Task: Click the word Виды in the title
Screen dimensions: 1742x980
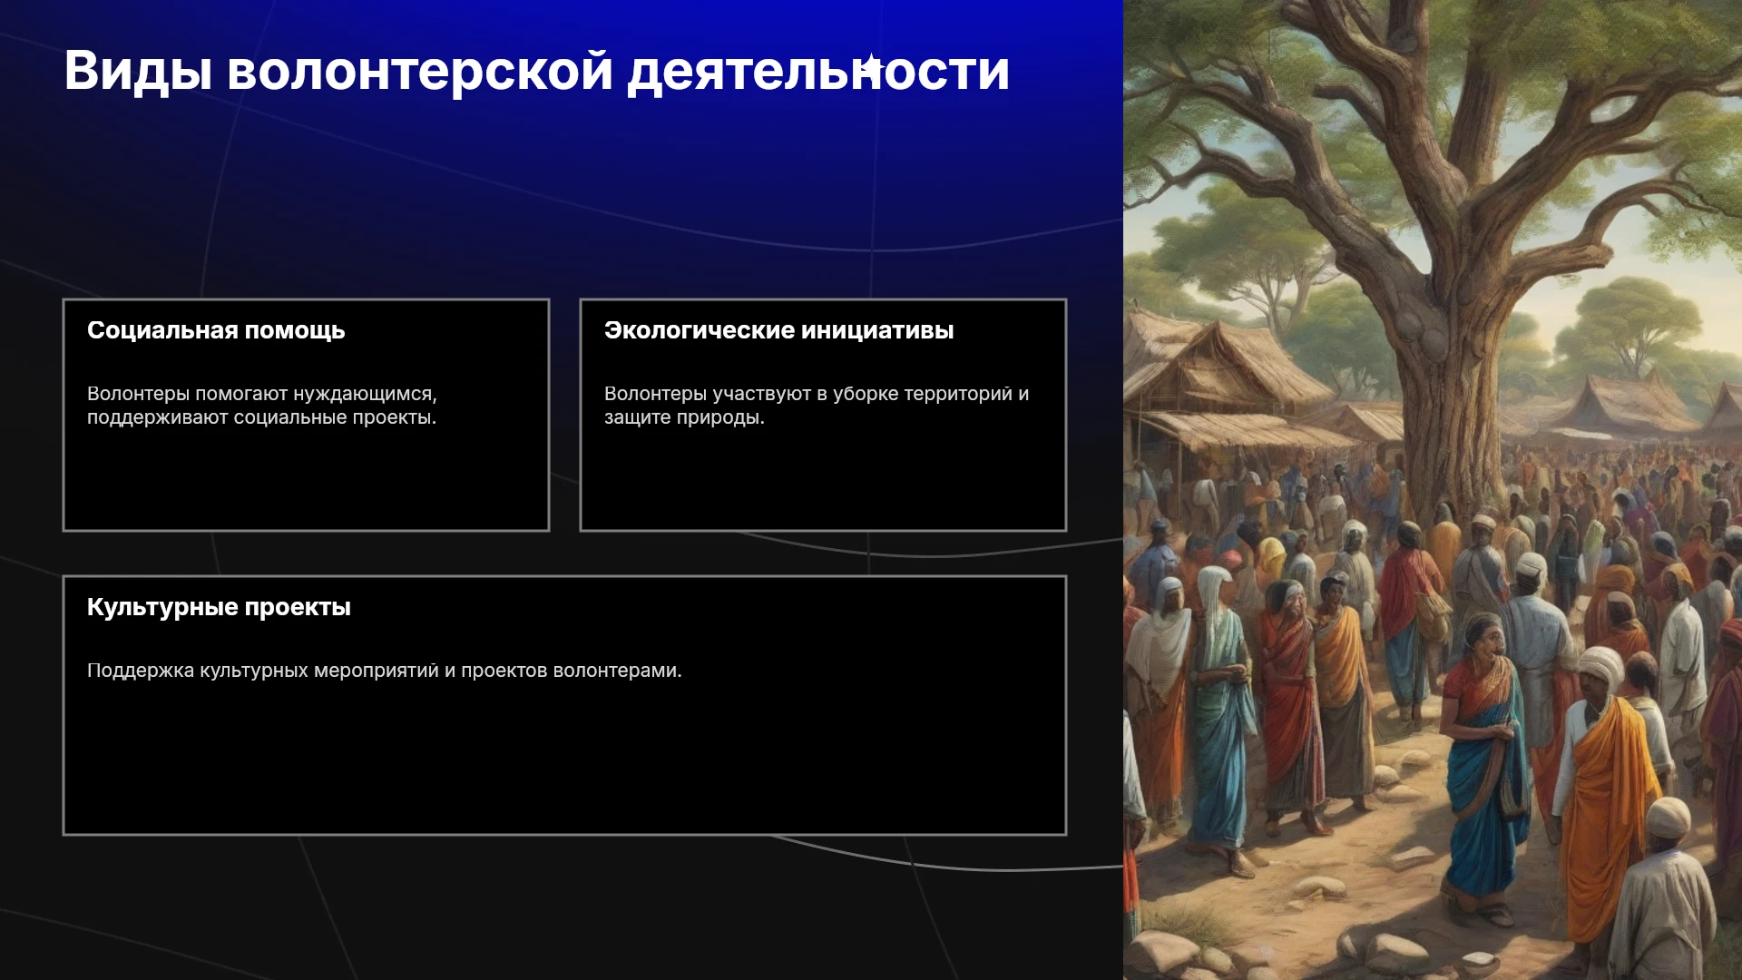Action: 138,71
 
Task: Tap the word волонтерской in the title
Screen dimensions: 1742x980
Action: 420,71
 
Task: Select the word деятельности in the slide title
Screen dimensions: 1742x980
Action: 818,71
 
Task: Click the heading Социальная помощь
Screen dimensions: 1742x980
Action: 216,330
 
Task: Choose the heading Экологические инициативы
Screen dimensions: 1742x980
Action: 778,330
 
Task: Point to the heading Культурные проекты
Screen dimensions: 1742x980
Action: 219,607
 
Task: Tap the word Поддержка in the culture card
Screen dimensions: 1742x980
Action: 141,671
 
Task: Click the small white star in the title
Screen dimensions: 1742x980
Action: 871,65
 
